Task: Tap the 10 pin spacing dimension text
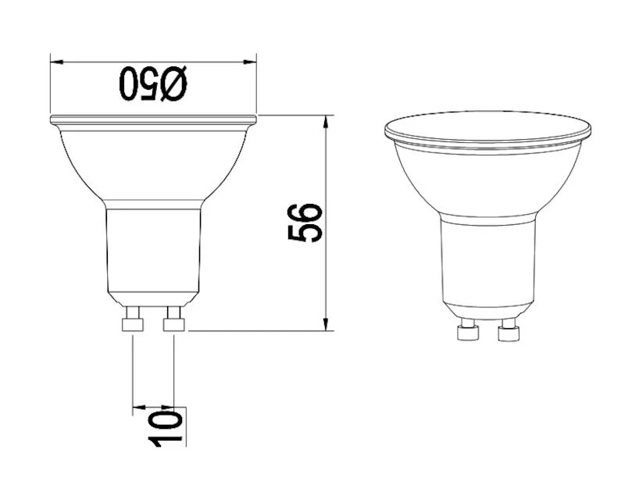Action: coord(170,426)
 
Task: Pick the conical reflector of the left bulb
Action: coord(153,164)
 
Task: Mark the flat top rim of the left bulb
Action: coord(153,120)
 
